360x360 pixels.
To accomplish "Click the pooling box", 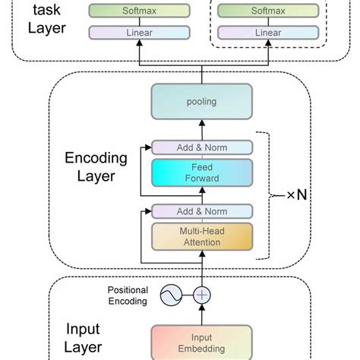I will pyautogui.click(x=201, y=100).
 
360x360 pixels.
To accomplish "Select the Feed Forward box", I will pyautogui.click(x=201, y=172).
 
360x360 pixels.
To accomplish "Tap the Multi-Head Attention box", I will pyautogui.click(x=201, y=235).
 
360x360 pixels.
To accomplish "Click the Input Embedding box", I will pyautogui.click(x=201, y=343).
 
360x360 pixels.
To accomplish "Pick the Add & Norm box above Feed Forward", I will pyautogui.click(x=201, y=147).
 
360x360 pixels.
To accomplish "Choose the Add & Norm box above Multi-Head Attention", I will pyautogui.click(x=201, y=211).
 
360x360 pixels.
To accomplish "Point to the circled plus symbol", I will pyautogui.click(x=201, y=295).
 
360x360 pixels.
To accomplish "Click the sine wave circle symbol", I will pyautogui.click(x=171, y=295).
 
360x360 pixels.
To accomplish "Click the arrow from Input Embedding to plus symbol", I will pyautogui.click(x=201, y=314).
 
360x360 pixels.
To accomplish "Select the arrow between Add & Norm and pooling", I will pyautogui.click(x=201, y=129).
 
